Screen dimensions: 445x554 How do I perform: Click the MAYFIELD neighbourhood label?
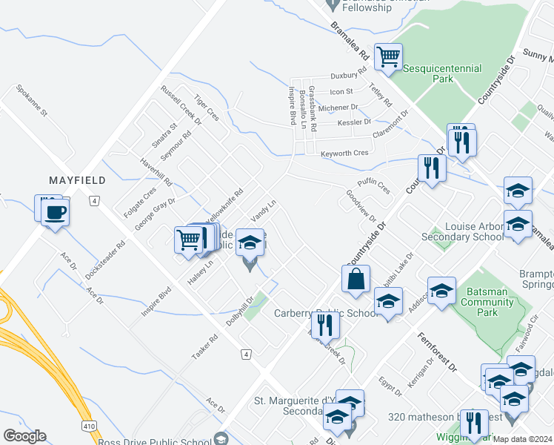tap(77, 180)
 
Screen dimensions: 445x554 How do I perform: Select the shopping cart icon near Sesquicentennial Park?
tap(388, 56)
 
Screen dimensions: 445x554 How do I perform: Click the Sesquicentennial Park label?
tap(442, 73)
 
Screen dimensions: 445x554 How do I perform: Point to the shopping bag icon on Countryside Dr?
tap(356, 278)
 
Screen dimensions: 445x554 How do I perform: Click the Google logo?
tap(24, 436)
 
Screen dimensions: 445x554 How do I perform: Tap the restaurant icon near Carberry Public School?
tap(326, 324)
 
